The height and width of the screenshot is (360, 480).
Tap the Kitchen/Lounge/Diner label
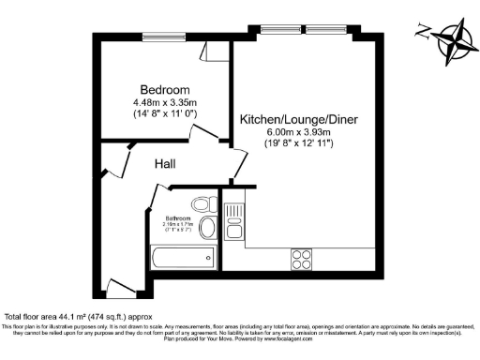point(298,120)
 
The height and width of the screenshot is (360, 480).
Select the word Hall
point(166,164)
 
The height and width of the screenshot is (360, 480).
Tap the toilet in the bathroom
point(200,204)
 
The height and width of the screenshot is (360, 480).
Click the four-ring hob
point(303,256)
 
